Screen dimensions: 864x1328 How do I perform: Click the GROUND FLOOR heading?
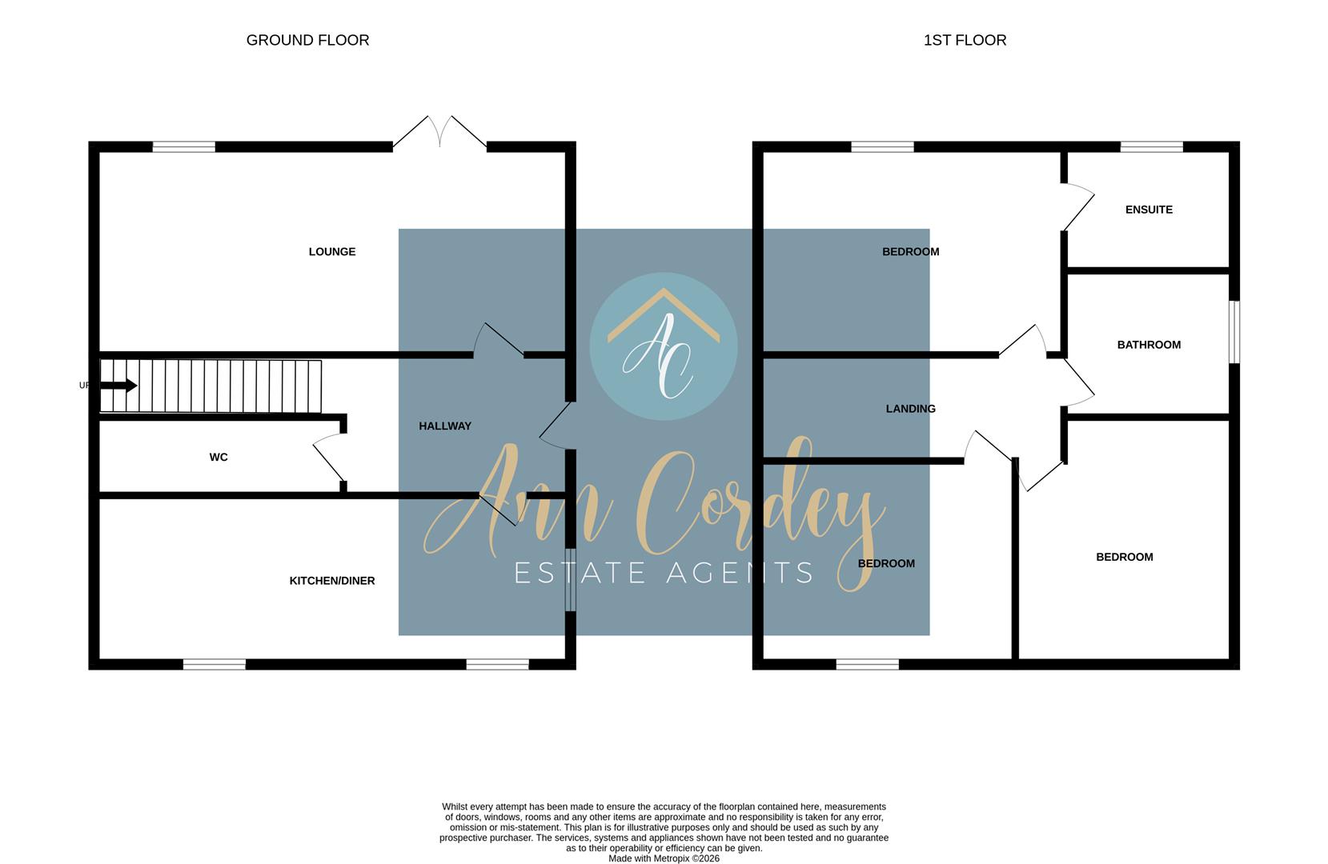(307, 40)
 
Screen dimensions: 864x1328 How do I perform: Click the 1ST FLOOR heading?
(965, 40)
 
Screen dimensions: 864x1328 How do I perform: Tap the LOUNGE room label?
(332, 252)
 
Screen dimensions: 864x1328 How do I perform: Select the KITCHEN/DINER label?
(332, 581)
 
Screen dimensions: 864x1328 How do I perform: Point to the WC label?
(219, 458)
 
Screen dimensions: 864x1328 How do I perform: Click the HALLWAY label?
(445, 426)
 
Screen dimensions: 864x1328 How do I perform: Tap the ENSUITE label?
(1149, 210)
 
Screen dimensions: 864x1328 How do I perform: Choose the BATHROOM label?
(1149, 345)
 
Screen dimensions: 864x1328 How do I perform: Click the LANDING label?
(910, 409)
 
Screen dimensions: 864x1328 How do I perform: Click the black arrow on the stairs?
(119, 386)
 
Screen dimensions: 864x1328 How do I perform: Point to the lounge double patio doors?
(439, 132)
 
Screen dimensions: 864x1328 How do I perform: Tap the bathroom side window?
(1234, 331)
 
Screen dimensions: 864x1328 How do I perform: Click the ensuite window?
(1151, 146)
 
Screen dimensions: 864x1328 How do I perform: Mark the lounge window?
(183, 146)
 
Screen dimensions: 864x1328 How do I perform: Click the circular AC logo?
(664, 346)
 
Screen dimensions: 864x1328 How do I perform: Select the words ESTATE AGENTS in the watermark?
(664, 573)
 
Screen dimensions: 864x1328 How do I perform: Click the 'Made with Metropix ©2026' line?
(664, 858)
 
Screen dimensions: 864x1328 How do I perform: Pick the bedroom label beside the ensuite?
(910, 252)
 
